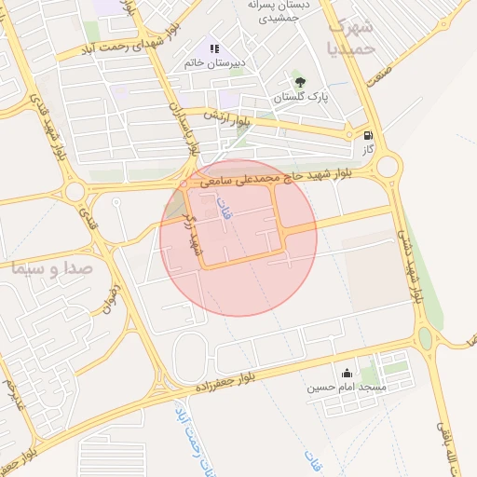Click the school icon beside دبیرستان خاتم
tap(214, 48)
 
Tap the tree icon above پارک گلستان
tap(298, 82)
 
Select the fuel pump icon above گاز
tap(369, 134)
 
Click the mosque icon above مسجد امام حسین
tap(347, 373)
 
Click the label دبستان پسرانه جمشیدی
tap(279, 10)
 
